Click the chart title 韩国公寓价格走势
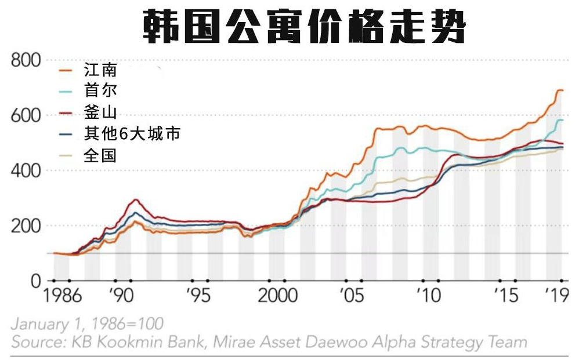(x=304, y=26)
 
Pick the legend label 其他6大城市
(x=132, y=134)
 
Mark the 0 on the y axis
(x=35, y=281)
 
